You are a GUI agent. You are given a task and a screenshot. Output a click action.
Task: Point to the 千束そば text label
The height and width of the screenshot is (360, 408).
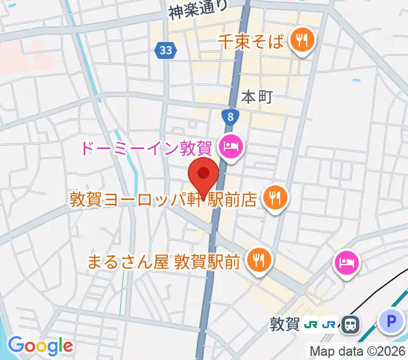[x=250, y=41]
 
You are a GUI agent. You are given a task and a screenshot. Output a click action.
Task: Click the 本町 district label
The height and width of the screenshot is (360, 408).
[x=257, y=96]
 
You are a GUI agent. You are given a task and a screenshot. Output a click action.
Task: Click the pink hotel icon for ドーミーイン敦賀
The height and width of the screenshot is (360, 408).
[x=231, y=146]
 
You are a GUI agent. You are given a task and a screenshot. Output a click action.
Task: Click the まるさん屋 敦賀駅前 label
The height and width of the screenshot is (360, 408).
[x=163, y=261]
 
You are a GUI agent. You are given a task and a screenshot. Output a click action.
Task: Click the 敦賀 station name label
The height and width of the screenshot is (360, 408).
[x=284, y=325]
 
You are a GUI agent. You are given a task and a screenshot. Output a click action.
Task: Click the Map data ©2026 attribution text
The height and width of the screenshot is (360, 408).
[x=358, y=351]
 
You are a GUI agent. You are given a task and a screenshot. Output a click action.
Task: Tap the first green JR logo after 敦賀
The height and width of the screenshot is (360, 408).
[x=311, y=325]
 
